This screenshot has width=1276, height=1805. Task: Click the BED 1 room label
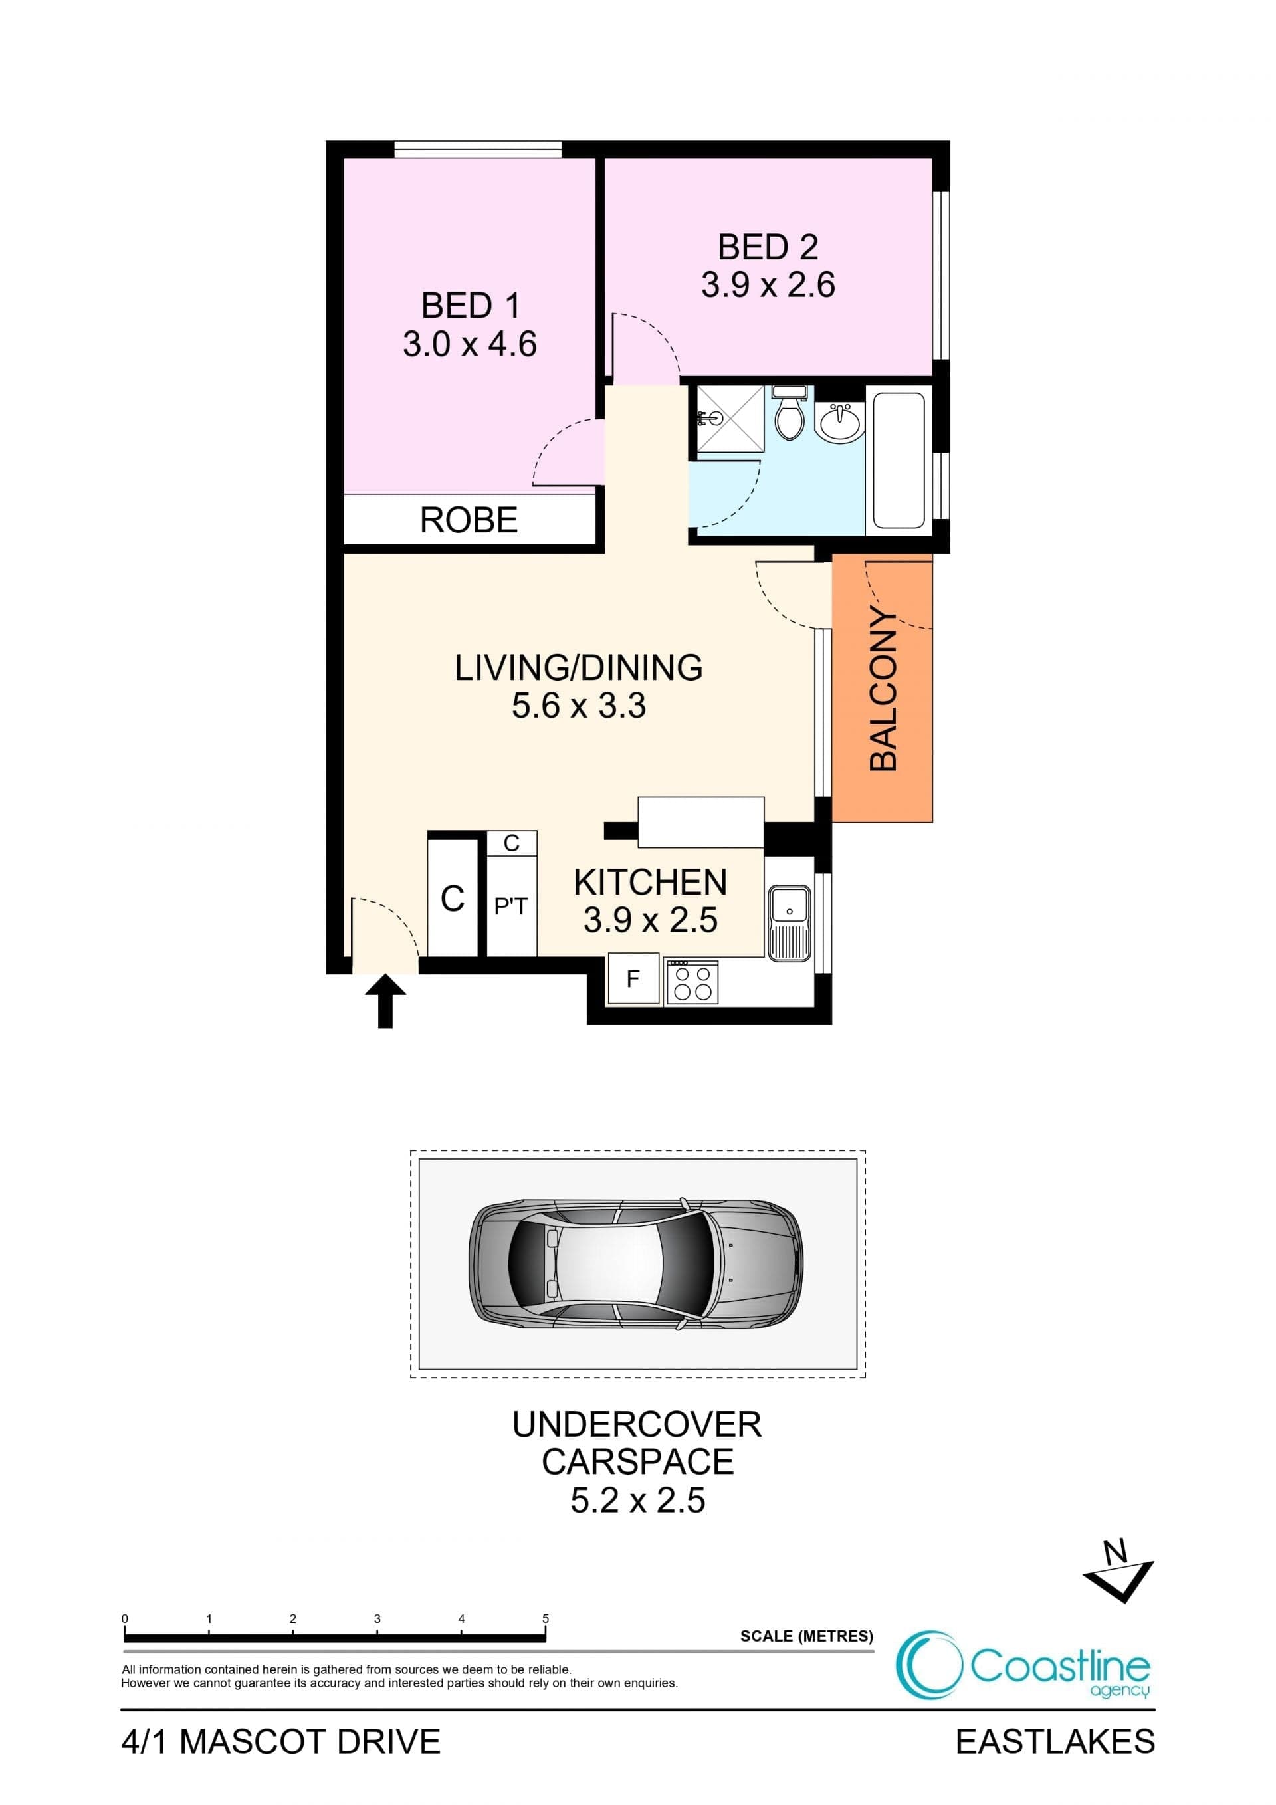[470, 306]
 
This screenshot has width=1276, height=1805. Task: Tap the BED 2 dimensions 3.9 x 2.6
[768, 284]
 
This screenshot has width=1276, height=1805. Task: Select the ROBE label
[469, 520]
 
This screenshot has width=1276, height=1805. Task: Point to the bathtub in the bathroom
[899, 461]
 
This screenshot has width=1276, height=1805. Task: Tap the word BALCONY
[884, 689]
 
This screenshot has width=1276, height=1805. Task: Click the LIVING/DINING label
[579, 667]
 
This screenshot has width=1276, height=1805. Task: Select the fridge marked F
[633, 978]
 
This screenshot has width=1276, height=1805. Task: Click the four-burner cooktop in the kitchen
[692, 983]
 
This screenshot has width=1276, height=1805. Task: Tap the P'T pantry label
[511, 906]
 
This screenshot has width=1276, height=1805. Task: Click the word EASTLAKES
[1055, 1742]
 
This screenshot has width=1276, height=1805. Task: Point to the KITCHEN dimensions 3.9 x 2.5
[650, 920]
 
